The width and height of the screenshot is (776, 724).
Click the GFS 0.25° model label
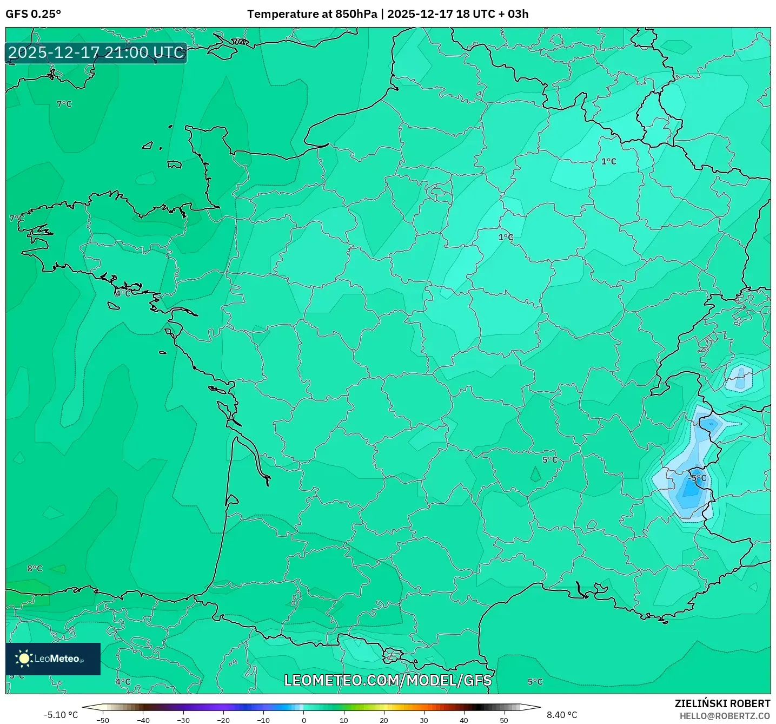33,14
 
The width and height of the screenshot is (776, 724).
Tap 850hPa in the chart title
356,14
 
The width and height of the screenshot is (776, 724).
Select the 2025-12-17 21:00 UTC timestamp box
96,52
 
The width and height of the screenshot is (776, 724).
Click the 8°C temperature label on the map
35,568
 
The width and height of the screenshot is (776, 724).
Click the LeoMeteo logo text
57,659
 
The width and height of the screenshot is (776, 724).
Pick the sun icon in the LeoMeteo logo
24,658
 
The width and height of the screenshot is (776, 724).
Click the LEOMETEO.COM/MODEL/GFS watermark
388,680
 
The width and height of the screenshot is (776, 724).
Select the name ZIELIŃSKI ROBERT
722,703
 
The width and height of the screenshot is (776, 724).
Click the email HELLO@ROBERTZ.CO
725,716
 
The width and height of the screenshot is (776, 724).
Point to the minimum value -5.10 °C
61,715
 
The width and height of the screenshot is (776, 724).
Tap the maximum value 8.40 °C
562,715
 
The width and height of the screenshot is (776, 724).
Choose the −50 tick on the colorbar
103,720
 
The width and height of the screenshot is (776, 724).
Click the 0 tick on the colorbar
304,720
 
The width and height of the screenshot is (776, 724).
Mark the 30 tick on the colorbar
424,720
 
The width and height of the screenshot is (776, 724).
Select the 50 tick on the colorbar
504,720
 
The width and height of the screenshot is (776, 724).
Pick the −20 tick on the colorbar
223,720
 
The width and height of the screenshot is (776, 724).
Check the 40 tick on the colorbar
464,720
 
